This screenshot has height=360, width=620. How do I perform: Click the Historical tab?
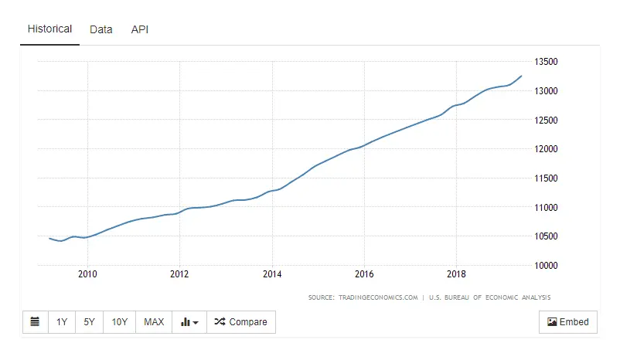click(x=49, y=29)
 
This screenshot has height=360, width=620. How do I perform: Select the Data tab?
click(x=100, y=29)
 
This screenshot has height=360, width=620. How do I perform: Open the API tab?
click(x=140, y=29)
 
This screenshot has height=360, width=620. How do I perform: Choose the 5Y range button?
click(x=90, y=322)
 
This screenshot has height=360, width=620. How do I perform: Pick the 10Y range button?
click(x=119, y=322)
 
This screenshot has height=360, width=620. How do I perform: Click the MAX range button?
click(x=154, y=322)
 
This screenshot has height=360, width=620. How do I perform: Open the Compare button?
click(x=240, y=322)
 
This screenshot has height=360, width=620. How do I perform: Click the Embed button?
click(x=567, y=322)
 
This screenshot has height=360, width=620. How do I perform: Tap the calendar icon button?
click(x=35, y=322)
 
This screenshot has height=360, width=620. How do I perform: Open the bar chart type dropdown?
click(x=189, y=322)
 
